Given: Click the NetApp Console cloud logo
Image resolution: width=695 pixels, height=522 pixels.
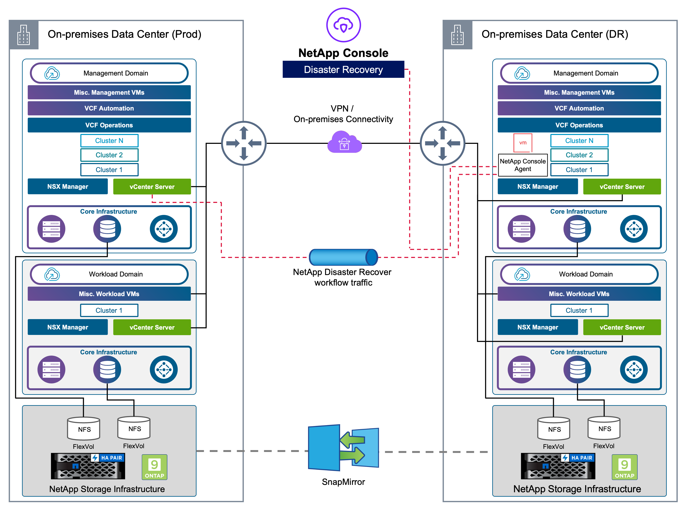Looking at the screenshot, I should tap(343, 25).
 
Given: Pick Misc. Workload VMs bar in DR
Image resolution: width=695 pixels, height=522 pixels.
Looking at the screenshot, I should tap(579, 294).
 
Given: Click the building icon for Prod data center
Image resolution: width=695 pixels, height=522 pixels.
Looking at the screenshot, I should tap(24, 35).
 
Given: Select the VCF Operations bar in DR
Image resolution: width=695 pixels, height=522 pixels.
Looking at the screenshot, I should tap(579, 125).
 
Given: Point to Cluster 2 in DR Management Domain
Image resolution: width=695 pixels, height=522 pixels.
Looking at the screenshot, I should tap(579, 155).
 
